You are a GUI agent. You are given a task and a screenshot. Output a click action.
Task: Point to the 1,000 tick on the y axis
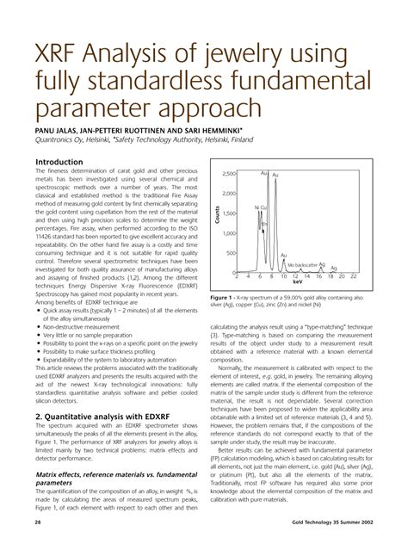click(x=230, y=233)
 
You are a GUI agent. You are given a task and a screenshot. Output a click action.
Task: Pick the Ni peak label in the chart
click(x=257, y=207)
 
